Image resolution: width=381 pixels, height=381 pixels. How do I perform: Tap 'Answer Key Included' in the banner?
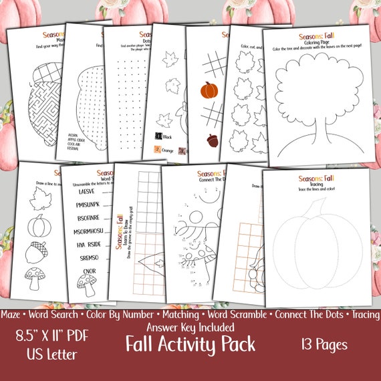coord(189,327)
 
